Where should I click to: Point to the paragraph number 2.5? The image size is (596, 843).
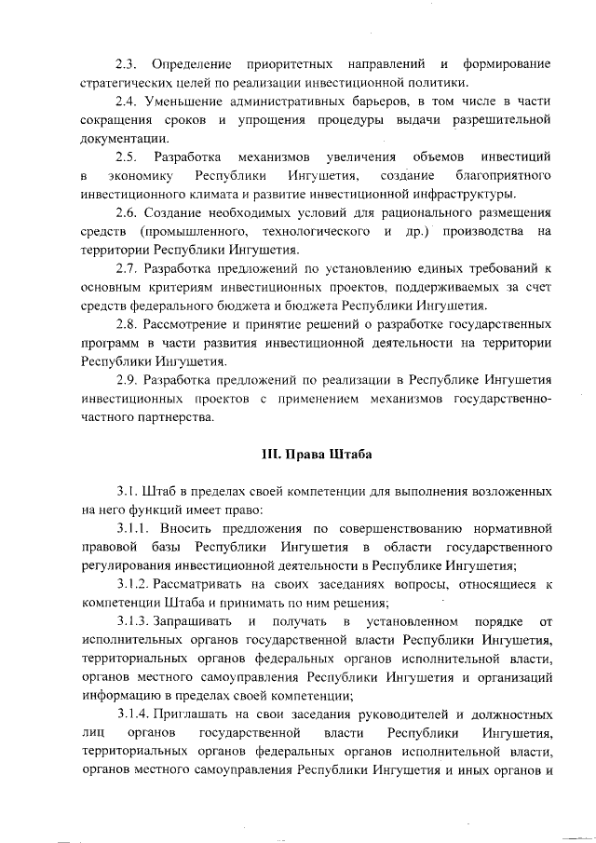[x=126, y=156]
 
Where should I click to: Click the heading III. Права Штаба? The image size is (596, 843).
[x=317, y=455]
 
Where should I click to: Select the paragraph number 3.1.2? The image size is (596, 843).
[x=133, y=584]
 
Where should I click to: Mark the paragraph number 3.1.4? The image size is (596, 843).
[x=133, y=714]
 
